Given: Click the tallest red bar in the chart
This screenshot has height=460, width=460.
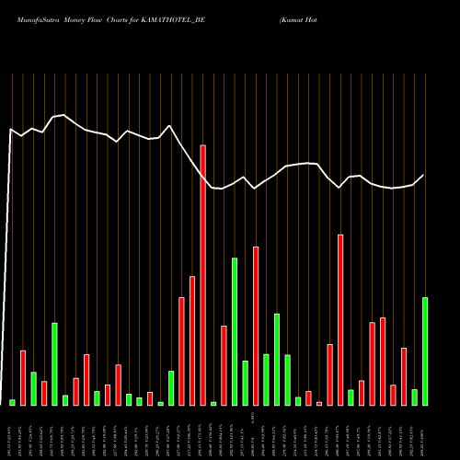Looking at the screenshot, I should (202, 275).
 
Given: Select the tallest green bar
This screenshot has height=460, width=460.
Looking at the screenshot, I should (235, 331).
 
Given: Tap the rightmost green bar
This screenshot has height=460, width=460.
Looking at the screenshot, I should (425, 351).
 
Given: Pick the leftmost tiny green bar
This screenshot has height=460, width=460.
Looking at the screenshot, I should (12, 402).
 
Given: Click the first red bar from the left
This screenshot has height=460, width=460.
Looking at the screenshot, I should (23, 377).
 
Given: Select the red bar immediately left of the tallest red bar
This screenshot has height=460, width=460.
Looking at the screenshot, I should (192, 340).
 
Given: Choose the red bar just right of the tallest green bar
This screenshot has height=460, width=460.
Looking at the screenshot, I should (256, 326).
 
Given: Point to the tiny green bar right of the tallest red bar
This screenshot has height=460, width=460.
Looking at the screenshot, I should (213, 403).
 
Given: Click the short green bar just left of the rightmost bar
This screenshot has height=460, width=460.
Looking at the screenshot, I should (415, 397).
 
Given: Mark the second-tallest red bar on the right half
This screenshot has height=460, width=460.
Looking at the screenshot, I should (256, 326).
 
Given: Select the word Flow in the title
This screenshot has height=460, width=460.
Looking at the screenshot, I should (105, 17).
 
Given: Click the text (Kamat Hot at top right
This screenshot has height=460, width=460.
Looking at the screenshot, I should (303, 17).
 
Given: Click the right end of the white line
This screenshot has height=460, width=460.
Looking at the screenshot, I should (424, 175).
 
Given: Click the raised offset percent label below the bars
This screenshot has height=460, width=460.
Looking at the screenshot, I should (253, 421).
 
